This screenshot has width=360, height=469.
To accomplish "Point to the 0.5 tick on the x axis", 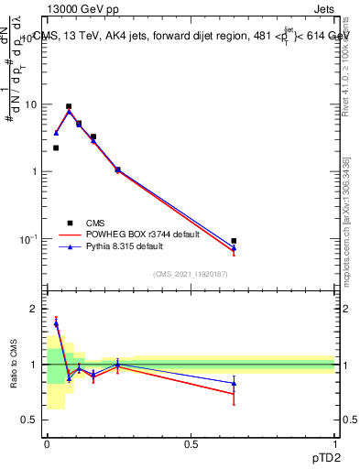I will point(191,443).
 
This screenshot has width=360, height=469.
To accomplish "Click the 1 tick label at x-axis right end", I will point(334,443).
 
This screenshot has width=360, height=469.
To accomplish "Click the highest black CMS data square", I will point(69,106).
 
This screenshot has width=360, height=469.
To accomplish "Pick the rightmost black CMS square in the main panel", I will point(234,241).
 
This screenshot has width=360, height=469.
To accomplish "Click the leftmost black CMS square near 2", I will point(56,147).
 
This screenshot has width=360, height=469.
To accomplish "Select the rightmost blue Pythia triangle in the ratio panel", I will point(234,383).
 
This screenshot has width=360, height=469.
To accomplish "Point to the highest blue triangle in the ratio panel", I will point(56,323).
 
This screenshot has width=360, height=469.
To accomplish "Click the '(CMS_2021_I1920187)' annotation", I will point(190,274).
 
